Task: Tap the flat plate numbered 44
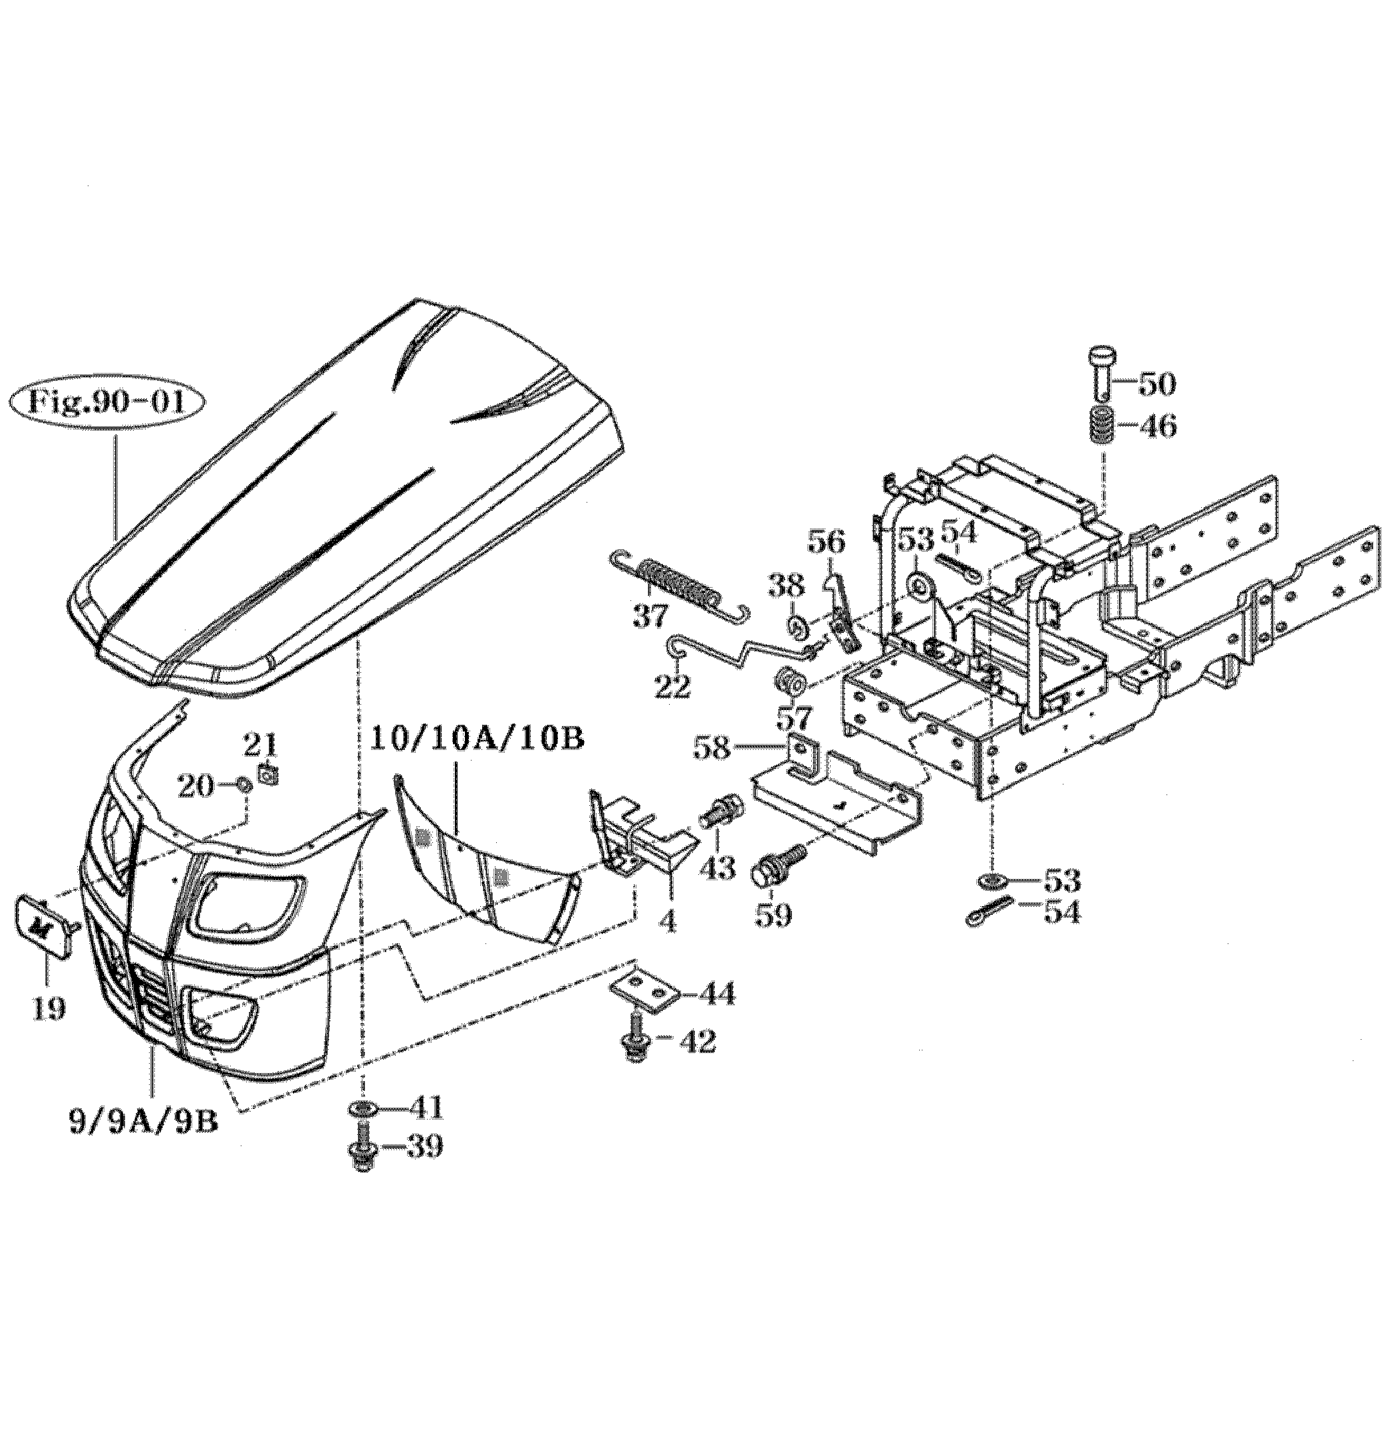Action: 644,991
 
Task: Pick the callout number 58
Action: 714,749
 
